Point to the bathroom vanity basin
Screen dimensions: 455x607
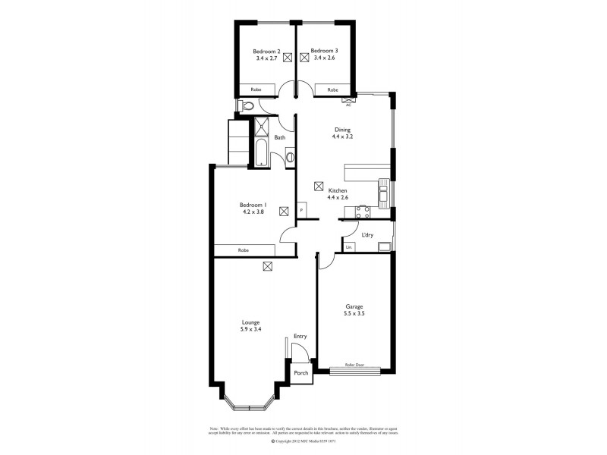point(290,158)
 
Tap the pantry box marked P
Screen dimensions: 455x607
point(302,210)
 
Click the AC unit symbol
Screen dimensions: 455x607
point(348,99)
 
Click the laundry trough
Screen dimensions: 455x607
point(385,246)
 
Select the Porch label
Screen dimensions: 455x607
point(301,374)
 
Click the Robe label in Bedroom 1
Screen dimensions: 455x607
point(244,250)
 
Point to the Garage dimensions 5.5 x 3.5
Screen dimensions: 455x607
point(354,313)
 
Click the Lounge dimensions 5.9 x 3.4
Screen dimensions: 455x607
point(250,330)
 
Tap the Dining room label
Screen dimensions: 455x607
point(343,130)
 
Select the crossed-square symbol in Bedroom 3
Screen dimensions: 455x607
point(305,56)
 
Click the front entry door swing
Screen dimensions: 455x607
point(300,351)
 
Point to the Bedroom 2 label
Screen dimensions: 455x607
point(267,51)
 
